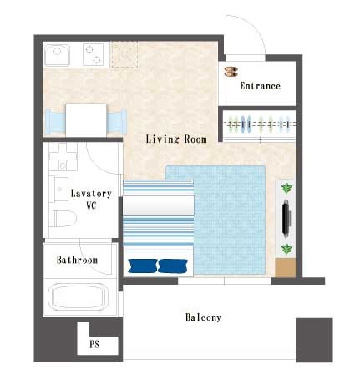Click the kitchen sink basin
(x=57, y=55)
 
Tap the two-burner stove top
(x=94, y=54)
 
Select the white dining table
(x=86, y=120)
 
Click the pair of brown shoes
(x=231, y=72)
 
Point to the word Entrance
(x=260, y=86)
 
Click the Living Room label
(x=176, y=139)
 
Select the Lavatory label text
(x=91, y=193)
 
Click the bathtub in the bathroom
(x=79, y=296)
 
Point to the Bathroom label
(x=77, y=260)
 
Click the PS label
(x=94, y=344)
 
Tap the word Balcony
(x=203, y=317)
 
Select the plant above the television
(x=286, y=189)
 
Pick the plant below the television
(x=286, y=249)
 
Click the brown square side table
(x=285, y=267)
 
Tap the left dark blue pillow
(x=143, y=266)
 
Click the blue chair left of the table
(x=55, y=121)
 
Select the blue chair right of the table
(x=117, y=121)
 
